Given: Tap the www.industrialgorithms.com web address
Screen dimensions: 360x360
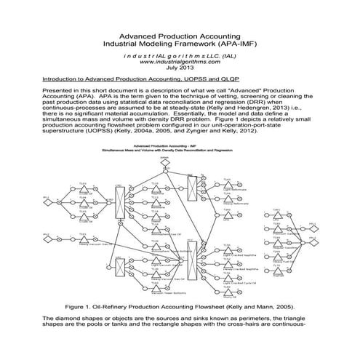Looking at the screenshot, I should [x=180, y=62].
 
